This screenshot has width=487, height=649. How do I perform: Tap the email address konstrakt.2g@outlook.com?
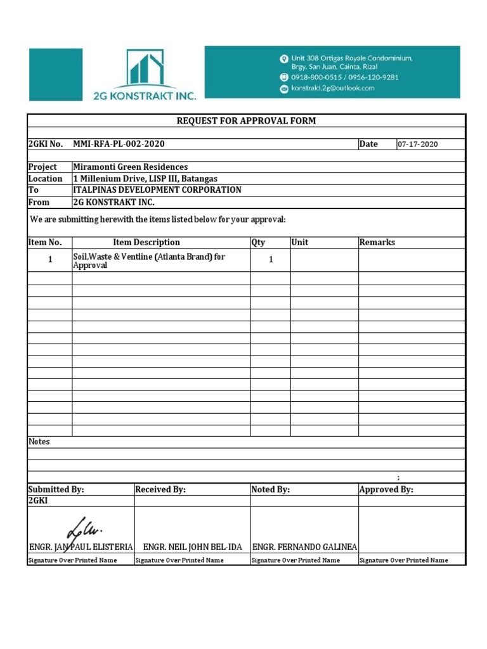click(332, 88)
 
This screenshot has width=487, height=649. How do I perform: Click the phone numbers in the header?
click(344, 77)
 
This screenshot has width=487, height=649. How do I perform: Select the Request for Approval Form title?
click(246, 120)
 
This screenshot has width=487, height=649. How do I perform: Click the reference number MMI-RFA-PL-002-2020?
click(119, 144)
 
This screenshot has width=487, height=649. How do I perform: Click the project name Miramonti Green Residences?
click(130, 167)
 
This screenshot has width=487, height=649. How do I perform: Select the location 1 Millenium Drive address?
click(145, 179)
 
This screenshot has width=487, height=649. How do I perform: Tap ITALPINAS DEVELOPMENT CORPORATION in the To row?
click(157, 190)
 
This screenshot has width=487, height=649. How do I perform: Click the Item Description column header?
click(146, 242)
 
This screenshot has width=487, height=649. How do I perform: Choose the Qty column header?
click(258, 242)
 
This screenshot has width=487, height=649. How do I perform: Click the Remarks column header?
click(377, 242)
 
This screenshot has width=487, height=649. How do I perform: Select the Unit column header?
click(300, 242)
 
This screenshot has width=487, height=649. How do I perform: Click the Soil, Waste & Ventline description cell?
click(149, 261)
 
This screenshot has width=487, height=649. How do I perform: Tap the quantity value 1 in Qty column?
click(271, 260)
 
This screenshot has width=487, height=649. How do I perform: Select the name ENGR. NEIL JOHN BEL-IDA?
click(193, 546)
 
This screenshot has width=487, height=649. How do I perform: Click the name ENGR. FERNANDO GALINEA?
click(304, 546)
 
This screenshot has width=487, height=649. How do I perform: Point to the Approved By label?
click(386, 489)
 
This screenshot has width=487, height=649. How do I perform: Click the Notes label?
click(39, 441)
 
